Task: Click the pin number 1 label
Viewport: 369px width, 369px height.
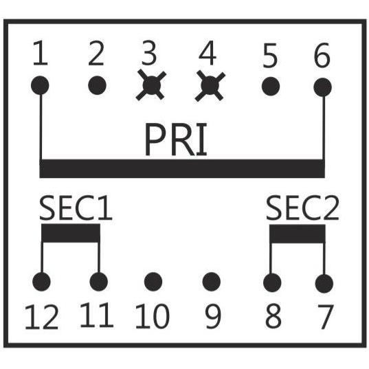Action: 41,53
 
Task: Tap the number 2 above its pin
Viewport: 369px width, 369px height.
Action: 96,54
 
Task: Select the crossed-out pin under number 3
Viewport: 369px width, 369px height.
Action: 151,85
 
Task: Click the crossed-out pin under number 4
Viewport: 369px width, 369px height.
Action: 210,86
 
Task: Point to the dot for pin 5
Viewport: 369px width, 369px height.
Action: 271,86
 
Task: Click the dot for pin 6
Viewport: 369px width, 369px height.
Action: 323,87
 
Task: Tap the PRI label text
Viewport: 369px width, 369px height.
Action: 176,139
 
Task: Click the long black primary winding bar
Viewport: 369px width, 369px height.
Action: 182,168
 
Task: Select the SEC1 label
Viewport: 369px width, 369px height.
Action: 76,208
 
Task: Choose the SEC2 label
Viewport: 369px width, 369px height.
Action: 302,208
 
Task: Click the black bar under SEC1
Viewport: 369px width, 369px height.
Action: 71,233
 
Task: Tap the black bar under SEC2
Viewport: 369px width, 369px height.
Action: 298,234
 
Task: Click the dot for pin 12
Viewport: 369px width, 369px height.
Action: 41,282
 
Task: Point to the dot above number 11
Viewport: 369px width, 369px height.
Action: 99,282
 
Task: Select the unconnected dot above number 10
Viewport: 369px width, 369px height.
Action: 153,282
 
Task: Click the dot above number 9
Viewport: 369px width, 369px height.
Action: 212,282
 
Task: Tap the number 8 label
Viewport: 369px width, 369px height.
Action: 273,316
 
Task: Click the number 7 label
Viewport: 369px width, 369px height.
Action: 326,317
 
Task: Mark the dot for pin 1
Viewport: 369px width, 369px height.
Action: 40,85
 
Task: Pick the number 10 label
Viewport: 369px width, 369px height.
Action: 153,316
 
